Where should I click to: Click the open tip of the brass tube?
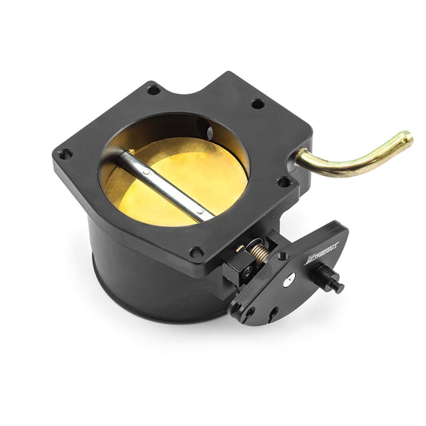(408, 139)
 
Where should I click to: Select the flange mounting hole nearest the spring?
(197, 253)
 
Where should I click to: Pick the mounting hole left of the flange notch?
(153, 90)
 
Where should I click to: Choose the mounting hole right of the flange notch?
(257, 104)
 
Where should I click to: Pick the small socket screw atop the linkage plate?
(282, 255)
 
